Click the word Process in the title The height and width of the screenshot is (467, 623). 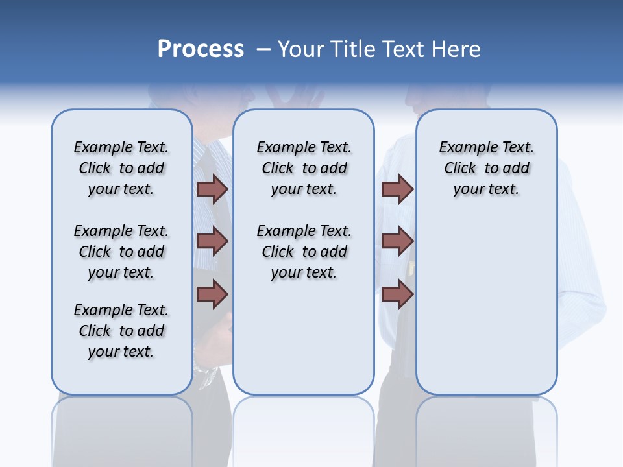(x=201, y=49)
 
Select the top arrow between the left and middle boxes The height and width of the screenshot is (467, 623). (x=212, y=189)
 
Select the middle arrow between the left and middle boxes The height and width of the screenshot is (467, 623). (x=212, y=242)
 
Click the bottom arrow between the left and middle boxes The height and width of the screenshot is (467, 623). (x=212, y=294)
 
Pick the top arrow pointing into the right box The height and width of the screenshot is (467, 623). (x=397, y=189)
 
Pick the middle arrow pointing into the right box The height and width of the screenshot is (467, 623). (x=397, y=242)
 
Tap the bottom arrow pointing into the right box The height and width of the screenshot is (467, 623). (x=397, y=294)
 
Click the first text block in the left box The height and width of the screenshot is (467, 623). (x=121, y=168)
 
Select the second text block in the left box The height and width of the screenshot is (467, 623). (x=121, y=252)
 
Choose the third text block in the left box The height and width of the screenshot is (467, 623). (x=121, y=331)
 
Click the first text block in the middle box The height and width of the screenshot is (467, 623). (x=304, y=168)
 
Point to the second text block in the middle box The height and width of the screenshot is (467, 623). (x=304, y=252)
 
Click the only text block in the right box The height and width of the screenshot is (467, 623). (x=487, y=168)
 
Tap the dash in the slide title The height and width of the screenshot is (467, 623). (x=263, y=49)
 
